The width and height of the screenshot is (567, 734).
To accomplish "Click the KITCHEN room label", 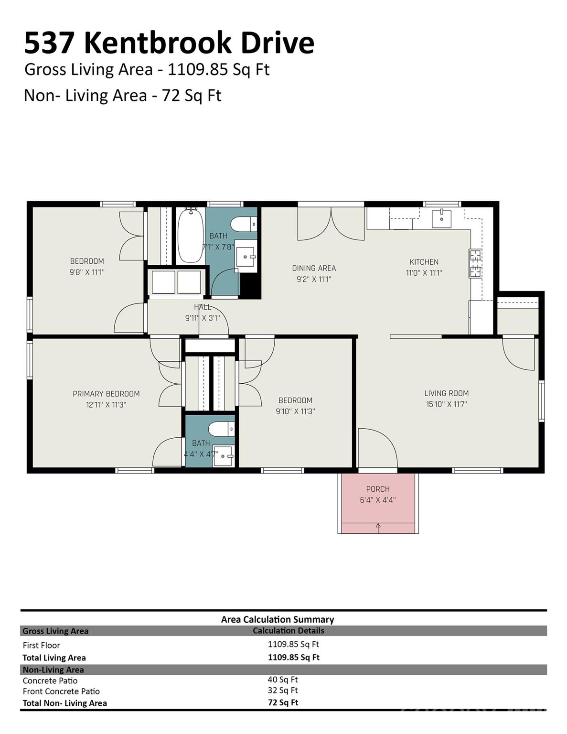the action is tap(424, 262).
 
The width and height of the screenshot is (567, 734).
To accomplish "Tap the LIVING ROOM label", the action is tap(447, 393).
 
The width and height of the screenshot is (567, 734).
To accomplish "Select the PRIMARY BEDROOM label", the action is tap(107, 394).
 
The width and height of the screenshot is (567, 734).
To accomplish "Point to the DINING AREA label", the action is tap(314, 268).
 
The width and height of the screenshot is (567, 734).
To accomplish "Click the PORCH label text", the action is tap(378, 489).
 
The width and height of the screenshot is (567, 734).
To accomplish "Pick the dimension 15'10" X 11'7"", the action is tap(447, 404).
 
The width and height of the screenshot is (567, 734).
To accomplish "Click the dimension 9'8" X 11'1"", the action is tap(87, 272).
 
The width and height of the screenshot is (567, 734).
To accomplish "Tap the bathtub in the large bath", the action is tap(191, 235).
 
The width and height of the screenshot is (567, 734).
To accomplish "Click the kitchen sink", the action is tap(441, 218).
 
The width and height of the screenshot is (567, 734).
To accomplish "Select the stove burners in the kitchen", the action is tap(475, 263).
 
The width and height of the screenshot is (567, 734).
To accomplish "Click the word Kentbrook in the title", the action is tap(157, 43).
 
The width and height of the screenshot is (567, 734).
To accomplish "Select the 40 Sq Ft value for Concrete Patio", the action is tap(283, 679).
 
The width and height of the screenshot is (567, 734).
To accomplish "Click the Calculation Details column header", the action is tap(289, 631).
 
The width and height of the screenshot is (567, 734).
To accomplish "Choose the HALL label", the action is tap(203, 307).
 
